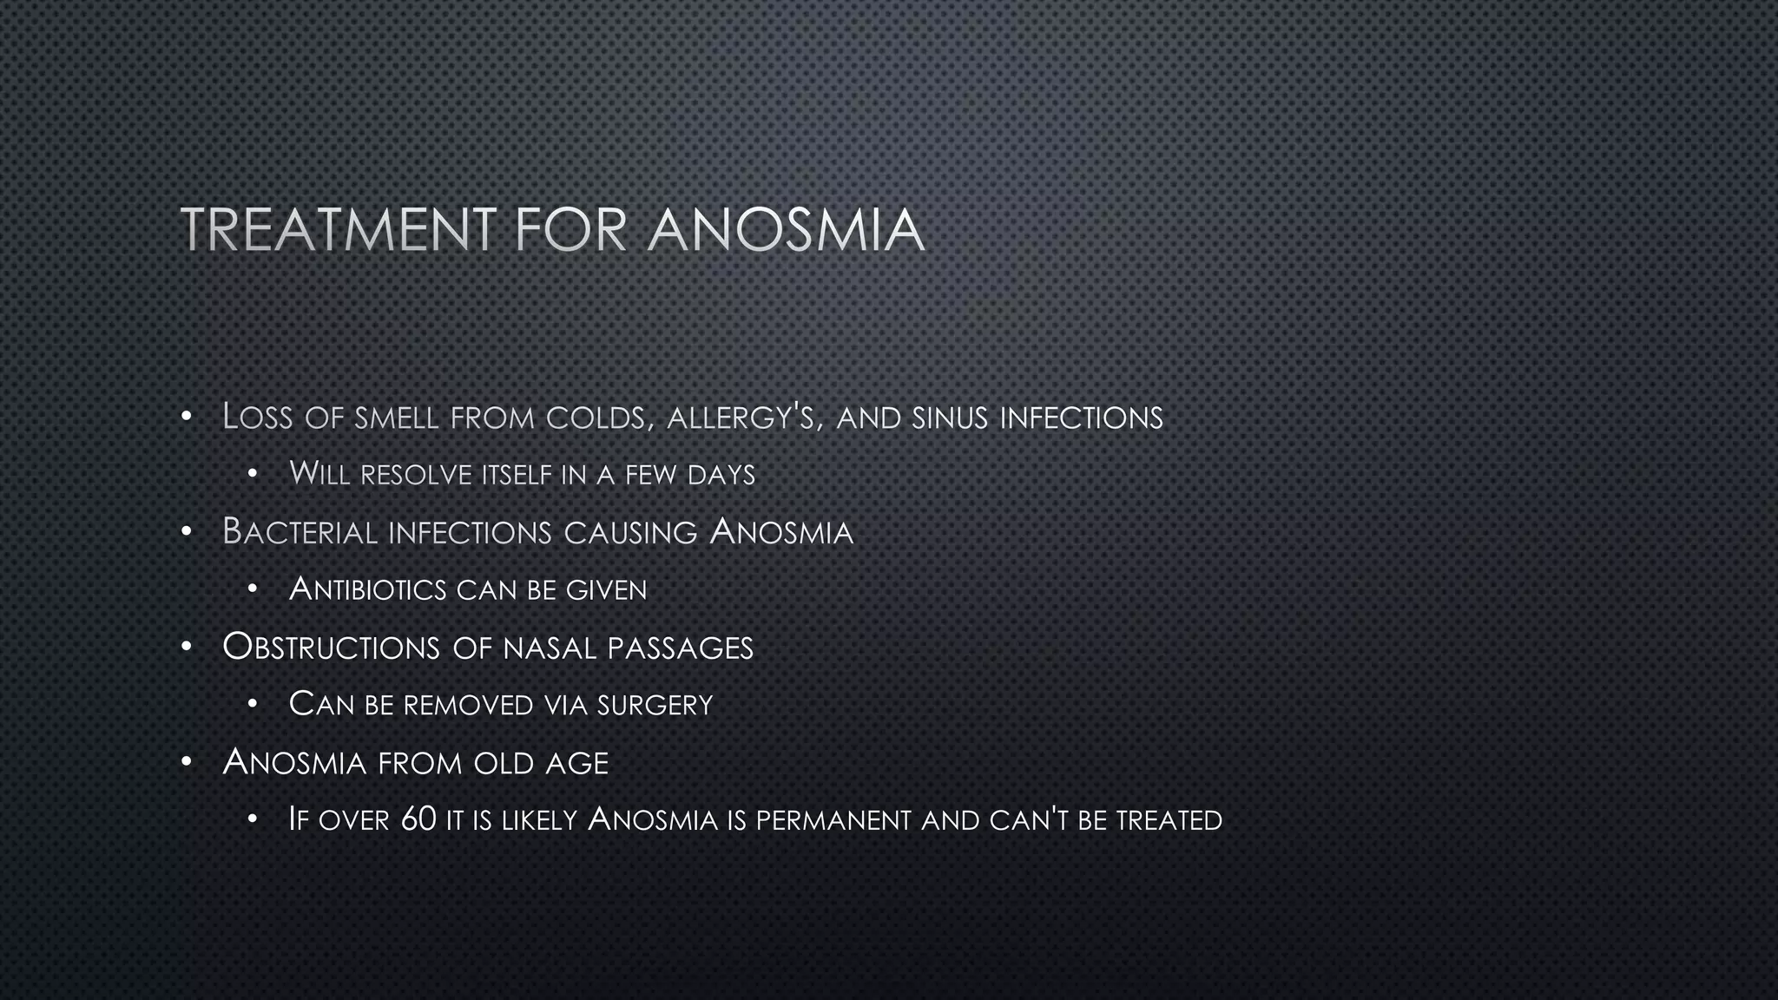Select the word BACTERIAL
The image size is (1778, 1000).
[x=300, y=532]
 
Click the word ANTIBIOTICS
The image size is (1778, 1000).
[x=367, y=589]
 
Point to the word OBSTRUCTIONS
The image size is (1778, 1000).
[x=331, y=648]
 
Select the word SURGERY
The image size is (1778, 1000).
[x=655, y=704]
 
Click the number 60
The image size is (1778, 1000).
[x=418, y=819]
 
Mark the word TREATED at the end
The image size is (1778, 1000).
[x=1169, y=819]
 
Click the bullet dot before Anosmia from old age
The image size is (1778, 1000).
[x=186, y=762]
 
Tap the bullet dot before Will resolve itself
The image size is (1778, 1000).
[x=253, y=474]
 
